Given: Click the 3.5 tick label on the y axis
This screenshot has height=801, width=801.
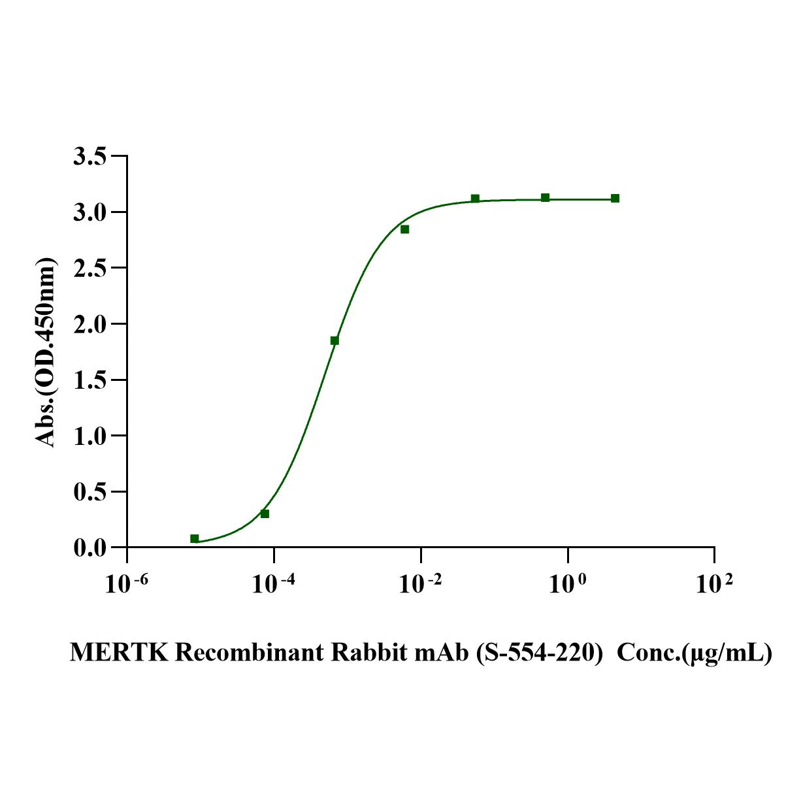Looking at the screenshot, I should (90, 157).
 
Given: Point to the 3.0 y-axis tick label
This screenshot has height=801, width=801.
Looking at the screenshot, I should (90, 212).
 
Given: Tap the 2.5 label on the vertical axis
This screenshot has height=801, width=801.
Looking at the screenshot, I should (90, 268).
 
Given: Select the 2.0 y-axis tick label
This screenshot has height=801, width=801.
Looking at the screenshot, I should (90, 324).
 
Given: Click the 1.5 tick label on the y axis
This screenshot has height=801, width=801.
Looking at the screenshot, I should (90, 380).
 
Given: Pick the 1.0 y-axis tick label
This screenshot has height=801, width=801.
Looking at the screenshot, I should (90, 436).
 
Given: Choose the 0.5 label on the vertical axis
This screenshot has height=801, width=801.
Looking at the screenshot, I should (90, 491).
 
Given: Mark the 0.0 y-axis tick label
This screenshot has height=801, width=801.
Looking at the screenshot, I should (90, 548).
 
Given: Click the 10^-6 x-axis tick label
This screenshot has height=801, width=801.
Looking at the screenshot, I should (127, 584).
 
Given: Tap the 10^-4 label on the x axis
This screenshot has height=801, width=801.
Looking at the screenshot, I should (274, 584).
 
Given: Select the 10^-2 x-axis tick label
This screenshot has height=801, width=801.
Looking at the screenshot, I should (421, 584).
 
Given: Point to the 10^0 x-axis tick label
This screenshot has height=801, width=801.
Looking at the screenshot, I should (567, 584).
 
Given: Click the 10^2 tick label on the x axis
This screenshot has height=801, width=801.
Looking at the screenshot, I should (714, 584).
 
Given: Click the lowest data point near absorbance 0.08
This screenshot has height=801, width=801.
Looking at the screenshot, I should (195, 538).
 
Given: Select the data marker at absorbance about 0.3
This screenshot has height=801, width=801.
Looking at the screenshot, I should (265, 514).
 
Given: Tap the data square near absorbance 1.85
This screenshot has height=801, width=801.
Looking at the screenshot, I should (335, 340).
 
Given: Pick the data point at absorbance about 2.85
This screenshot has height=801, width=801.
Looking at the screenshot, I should (405, 229).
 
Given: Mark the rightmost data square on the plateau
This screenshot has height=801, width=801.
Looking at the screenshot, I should (615, 198).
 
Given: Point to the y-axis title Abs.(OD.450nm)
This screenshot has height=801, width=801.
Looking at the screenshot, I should (46, 353).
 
